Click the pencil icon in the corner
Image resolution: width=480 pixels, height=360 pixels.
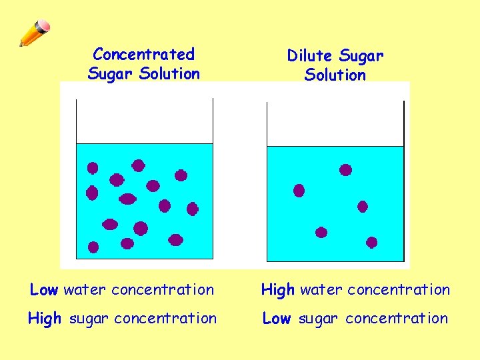click(34, 33)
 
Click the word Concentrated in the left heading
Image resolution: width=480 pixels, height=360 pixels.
click(143, 54)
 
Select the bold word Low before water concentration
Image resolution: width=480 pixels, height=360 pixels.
click(44, 290)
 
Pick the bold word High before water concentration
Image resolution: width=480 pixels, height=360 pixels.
click(277, 290)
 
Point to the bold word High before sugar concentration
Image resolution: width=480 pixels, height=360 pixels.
click(45, 319)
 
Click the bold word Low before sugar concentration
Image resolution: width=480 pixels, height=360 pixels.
click(276, 319)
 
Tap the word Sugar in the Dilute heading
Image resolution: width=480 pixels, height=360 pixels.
click(361, 56)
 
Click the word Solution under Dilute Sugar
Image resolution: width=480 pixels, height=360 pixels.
click(335, 75)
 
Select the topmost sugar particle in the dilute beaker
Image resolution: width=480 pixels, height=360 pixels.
click(345, 170)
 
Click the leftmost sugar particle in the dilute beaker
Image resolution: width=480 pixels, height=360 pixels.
click(299, 191)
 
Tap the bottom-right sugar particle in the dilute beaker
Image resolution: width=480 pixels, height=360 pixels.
click(371, 243)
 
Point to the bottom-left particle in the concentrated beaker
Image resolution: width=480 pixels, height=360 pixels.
click(93, 247)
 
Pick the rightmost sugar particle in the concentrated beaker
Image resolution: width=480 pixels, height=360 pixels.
click(192, 209)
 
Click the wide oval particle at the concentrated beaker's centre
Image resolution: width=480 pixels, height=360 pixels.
click(127, 199)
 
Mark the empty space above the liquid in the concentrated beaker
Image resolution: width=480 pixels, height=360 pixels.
click(144, 121)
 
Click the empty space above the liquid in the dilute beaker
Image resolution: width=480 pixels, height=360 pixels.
click(335, 124)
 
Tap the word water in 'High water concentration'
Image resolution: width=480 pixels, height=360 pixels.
click(321, 290)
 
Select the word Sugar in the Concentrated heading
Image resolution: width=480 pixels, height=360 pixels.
click(111, 73)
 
